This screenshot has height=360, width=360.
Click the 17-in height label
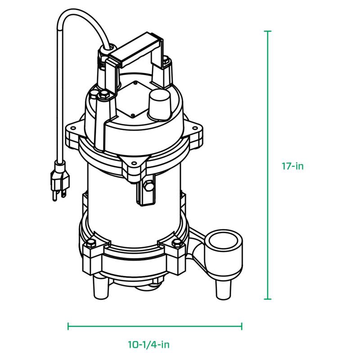(x=293, y=166)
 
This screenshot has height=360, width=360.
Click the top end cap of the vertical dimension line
(x=268, y=31)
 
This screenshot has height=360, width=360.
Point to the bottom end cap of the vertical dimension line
(x=268, y=299)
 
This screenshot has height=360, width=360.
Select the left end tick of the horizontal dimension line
(x=68, y=326)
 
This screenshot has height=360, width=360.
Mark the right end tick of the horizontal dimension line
(x=242, y=326)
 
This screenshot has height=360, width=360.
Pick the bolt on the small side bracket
(x=147, y=185)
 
